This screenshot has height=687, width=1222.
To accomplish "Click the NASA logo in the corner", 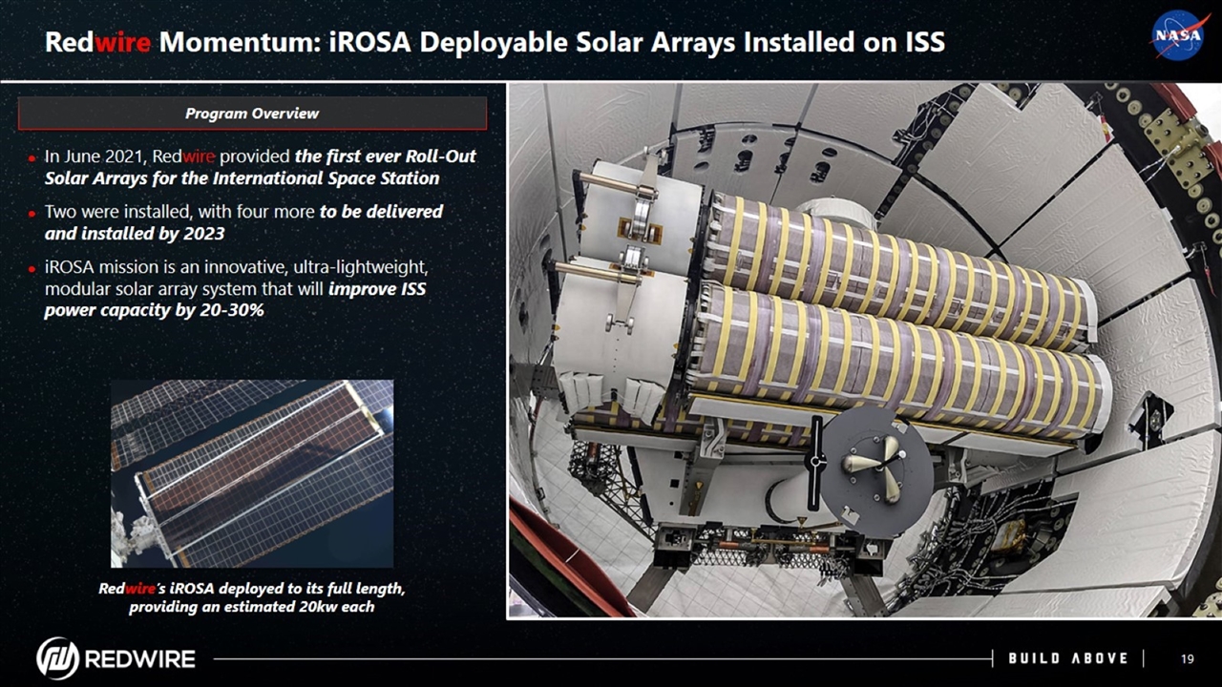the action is pos(1178,35).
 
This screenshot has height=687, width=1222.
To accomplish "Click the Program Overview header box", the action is pos(252,114).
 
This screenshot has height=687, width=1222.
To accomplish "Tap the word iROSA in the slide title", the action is pos(369,42).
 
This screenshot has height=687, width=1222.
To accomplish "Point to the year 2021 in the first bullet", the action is pos(124,156).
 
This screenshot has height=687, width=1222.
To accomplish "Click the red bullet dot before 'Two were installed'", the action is pos(32,213).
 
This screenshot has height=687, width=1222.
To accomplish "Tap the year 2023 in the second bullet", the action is pos(204,234).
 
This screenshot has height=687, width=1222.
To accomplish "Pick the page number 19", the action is pos(1187,658).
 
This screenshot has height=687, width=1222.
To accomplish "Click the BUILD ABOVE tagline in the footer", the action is pos(1067,658).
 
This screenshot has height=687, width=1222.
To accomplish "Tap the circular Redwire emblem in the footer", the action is pos(58,658).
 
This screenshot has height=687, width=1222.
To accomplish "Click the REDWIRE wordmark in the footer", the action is pos(140,658).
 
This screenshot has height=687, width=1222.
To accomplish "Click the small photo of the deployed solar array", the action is pos(252,474).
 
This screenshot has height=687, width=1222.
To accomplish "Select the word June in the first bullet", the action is pos(81,156).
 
